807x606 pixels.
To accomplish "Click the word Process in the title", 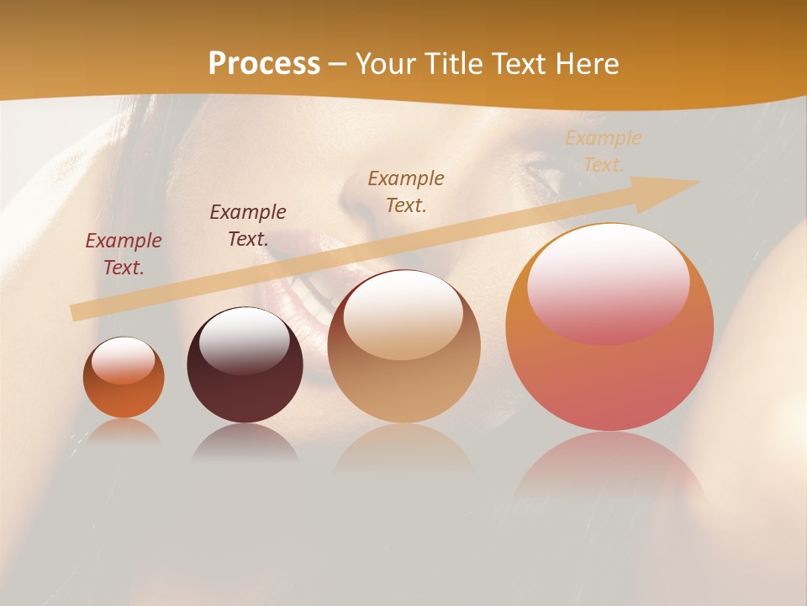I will click(264, 64).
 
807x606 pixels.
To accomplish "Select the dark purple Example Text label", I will click(248, 226).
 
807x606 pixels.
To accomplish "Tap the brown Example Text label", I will click(406, 192).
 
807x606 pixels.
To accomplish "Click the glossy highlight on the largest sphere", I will click(609, 284).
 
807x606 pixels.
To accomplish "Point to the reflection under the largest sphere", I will click(609, 471).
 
